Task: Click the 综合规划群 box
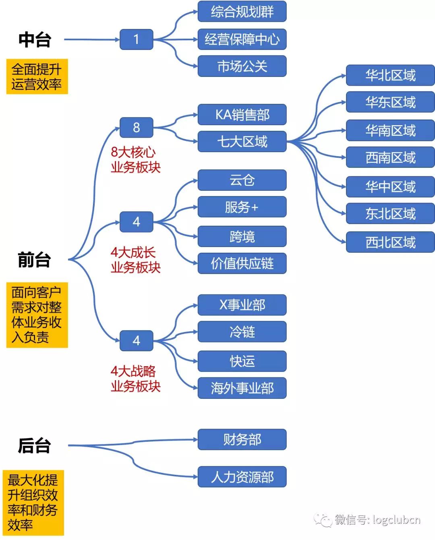pos(242,12)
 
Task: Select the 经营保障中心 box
pos(242,39)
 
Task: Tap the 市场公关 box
pos(242,66)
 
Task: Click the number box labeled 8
pos(136,128)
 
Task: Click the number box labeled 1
pos(136,39)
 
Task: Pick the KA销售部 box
pos(242,115)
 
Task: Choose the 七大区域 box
pos(242,142)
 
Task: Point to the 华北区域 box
pos(390,75)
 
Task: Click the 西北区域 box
pos(390,242)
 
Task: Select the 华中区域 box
pos(390,187)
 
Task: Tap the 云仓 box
pos(242,180)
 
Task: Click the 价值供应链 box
pos(242,264)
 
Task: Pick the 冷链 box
pos(242,332)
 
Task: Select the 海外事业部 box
pos(242,388)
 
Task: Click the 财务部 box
pos(242,439)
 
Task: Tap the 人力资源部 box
pos(242,477)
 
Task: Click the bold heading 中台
pos(35,40)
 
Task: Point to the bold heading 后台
pos(34,446)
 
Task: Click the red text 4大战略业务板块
pos(135,379)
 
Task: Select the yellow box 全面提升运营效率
pos(37,76)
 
